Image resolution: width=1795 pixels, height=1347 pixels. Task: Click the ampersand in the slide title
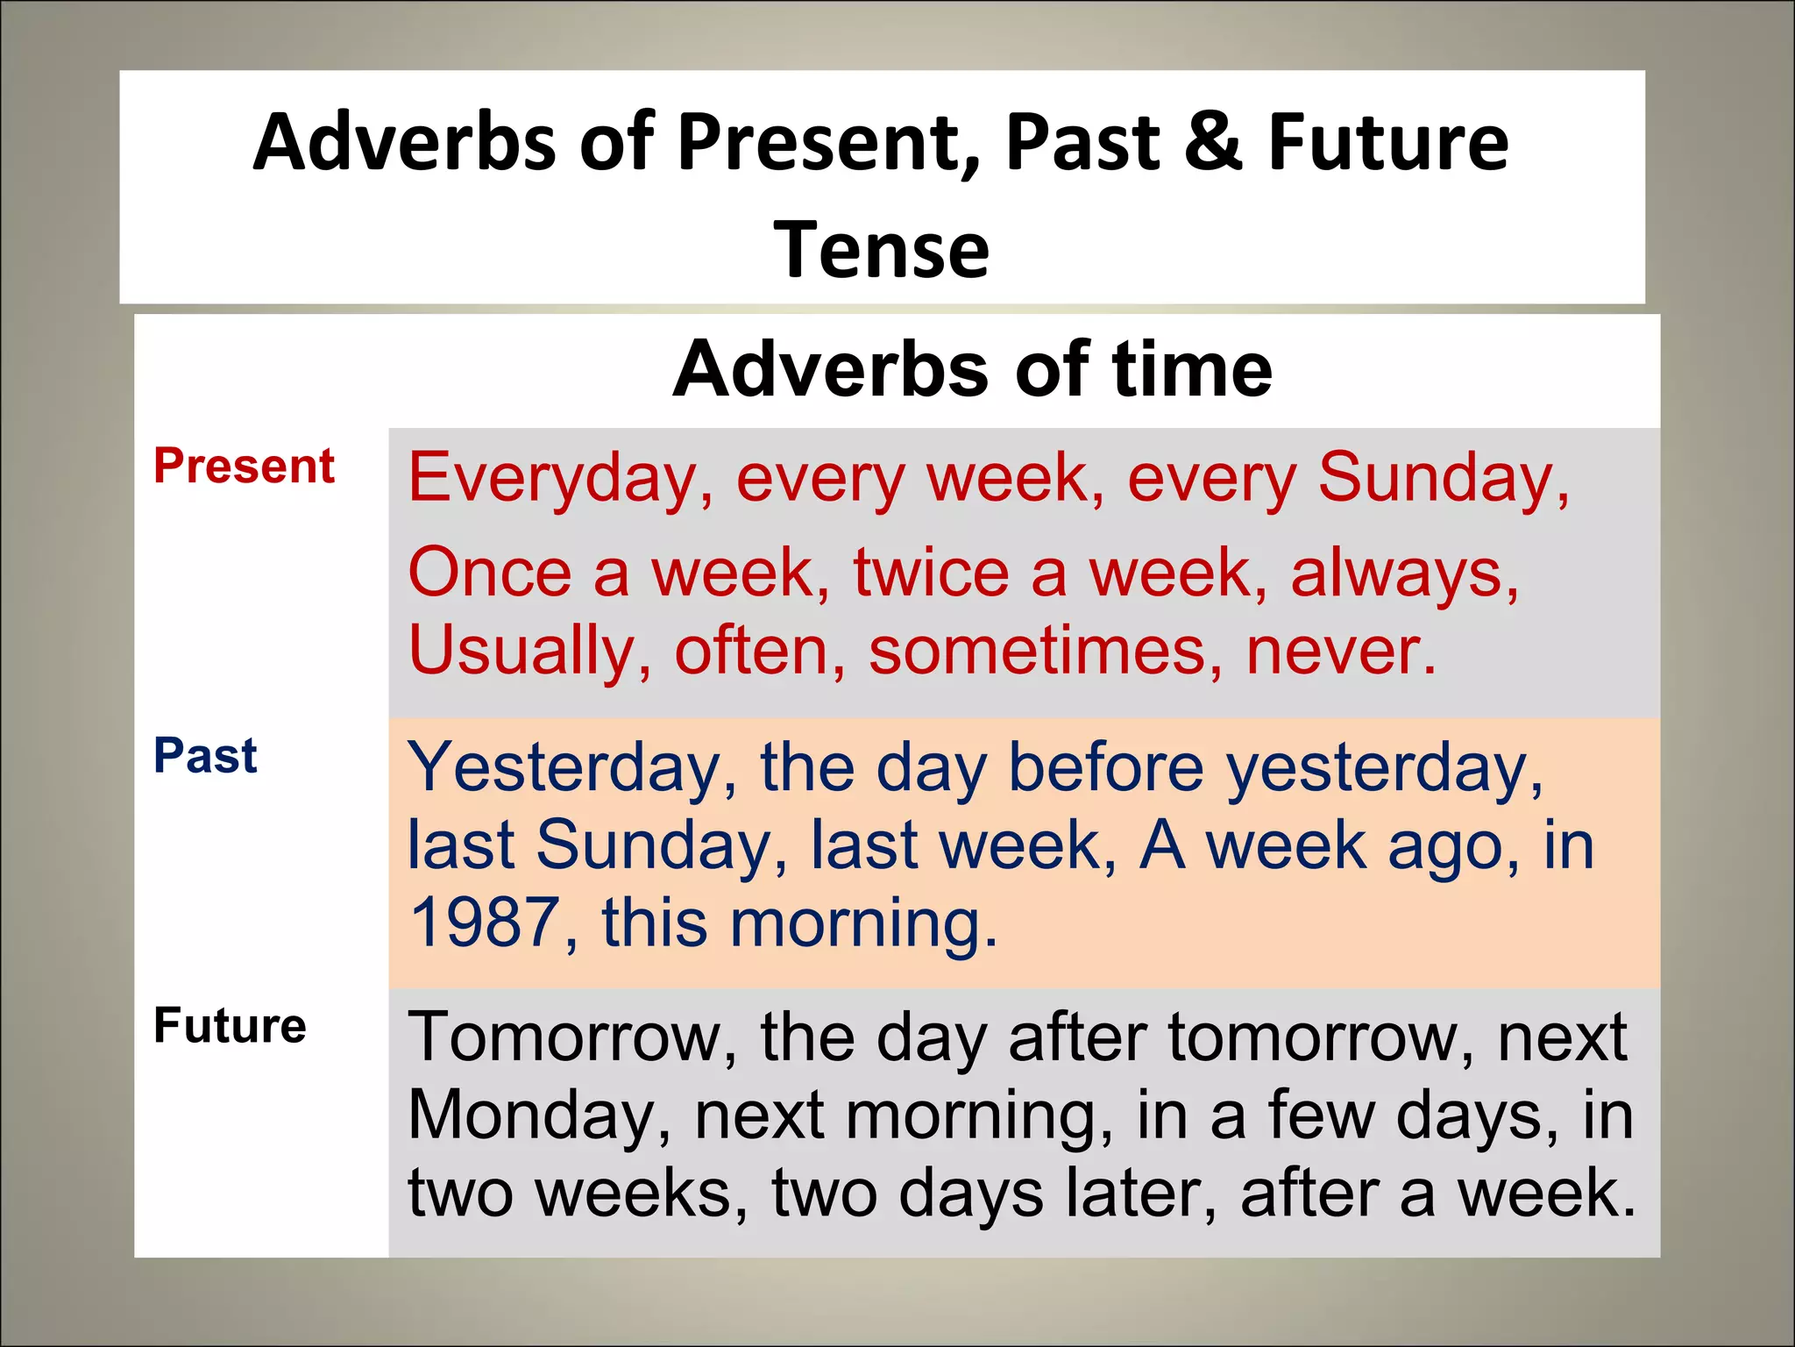[x=1213, y=143]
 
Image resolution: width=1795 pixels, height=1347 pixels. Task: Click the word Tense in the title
[x=881, y=250]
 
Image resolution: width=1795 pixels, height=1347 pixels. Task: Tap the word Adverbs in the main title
[x=404, y=143]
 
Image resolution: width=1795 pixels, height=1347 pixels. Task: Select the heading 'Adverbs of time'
[x=972, y=369]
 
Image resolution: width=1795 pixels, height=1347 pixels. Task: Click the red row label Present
[x=244, y=466]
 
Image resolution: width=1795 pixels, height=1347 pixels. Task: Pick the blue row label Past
[x=205, y=756]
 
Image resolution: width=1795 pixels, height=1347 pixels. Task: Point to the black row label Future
[x=230, y=1025]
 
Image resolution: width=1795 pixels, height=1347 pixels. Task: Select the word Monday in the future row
[x=539, y=1116]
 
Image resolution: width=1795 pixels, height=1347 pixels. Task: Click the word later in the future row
[x=1139, y=1194]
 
